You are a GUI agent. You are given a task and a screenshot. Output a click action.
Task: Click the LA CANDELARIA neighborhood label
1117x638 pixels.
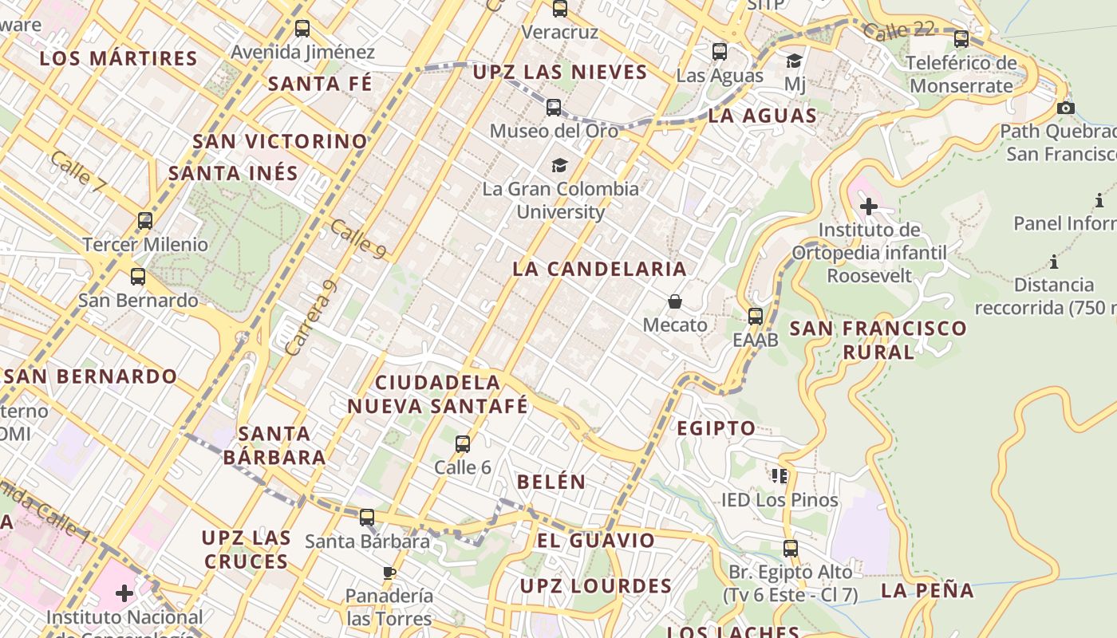pyautogui.click(x=599, y=269)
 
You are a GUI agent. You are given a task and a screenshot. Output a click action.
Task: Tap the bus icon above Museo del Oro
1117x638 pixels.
pyautogui.click(x=554, y=107)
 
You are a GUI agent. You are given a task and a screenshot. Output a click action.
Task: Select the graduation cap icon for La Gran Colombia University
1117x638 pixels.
pyautogui.click(x=559, y=166)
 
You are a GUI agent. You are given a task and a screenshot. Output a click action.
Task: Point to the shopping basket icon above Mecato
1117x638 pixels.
pyautogui.click(x=675, y=301)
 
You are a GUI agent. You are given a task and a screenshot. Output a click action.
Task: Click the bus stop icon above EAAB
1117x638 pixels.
pyautogui.click(x=756, y=316)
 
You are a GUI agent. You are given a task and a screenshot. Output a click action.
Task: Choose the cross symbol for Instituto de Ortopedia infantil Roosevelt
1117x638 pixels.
pyautogui.click(x=868, y=207)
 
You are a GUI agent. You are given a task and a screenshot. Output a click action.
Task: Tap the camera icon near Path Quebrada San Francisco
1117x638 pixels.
pyautogui.click(x=1065, y=108)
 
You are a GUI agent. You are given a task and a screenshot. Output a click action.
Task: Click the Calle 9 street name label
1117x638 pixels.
pyautogui.click(x=358, y=238)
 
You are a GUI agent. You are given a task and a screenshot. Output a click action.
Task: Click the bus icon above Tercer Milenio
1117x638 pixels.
pyautogui.click(x=144, y=221)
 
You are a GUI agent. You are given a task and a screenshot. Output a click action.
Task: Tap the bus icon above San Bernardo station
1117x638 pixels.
pyautogui.click(x=138, y=277)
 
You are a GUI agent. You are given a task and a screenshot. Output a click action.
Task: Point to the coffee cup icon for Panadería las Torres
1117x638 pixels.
pyautogui.click(x=389, y=573)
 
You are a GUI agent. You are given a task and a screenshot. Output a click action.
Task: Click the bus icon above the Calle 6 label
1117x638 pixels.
pyautogui.click(x=463, y=444)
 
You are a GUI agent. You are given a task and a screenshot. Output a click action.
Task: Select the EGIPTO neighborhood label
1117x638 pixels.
pyautogui.click(x=716, y=428)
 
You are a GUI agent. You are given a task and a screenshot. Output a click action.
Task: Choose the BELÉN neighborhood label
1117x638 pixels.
pyautogui.click(x=551, y=482)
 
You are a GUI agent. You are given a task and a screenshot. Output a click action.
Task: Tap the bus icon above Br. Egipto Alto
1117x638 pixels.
pyautogui.click(x=790, y=549)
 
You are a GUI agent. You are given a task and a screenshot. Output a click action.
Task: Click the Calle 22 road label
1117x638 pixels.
pyautogui.click(x=898, y=31)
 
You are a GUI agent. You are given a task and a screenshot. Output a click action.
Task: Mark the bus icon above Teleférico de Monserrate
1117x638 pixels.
pyautogui.click(x=961, y=38)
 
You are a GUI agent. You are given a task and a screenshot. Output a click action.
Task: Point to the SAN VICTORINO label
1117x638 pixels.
pyautogui.click(x=280, y=141)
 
